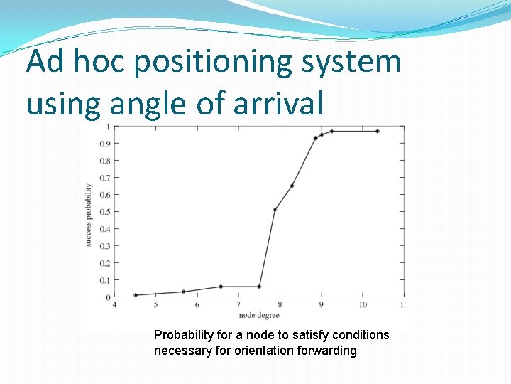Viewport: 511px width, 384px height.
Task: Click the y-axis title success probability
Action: coord(89,215)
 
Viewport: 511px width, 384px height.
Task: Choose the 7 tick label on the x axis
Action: coord(238,305)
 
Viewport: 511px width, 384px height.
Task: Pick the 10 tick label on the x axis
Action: coord(362,305)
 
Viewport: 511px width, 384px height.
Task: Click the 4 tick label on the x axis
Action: coord(115,305)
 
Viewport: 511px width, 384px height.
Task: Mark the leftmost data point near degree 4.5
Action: coord(136,295)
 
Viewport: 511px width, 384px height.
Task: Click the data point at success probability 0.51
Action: coord(275,210)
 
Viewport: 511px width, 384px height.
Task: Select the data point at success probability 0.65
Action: coord(292,186)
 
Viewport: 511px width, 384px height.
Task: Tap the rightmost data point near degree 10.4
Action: coord(378,131)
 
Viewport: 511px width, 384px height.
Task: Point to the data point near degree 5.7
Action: coord(184,292)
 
